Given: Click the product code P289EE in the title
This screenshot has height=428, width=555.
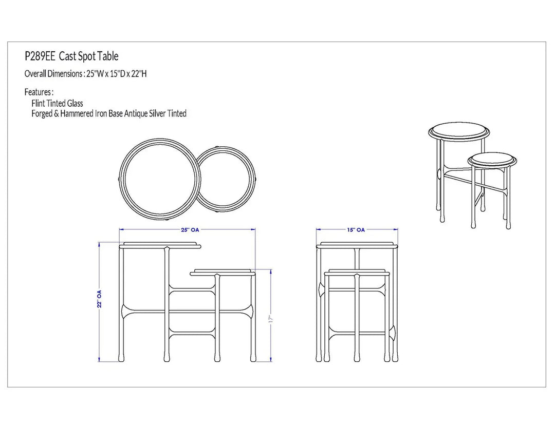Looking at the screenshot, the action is [40, 56].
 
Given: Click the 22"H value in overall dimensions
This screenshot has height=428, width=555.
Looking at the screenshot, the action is [139, 74].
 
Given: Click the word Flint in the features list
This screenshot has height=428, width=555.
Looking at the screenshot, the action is [38, 104].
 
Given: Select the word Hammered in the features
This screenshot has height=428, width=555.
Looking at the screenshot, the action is [77, 113].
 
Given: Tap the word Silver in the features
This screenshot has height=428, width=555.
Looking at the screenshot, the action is [157, 113].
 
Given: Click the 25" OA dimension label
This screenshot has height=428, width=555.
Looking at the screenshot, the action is [190, 230].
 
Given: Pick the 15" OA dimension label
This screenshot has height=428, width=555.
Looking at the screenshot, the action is [356, 230].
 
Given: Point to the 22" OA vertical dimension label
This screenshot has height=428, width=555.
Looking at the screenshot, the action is [100, 299].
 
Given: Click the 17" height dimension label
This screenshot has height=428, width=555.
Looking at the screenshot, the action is [271, 319].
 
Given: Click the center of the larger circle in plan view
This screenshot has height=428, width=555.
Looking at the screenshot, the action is [160, 179].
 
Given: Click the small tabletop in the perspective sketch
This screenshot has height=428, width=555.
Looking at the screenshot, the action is [492, 159].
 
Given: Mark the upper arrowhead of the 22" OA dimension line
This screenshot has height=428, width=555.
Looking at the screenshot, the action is [100, 244].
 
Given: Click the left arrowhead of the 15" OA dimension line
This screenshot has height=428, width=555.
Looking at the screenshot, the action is [318, 230].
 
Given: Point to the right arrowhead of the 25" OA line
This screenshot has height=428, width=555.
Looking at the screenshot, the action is [253, 230].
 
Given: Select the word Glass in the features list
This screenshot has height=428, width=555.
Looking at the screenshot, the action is [75, 104].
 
